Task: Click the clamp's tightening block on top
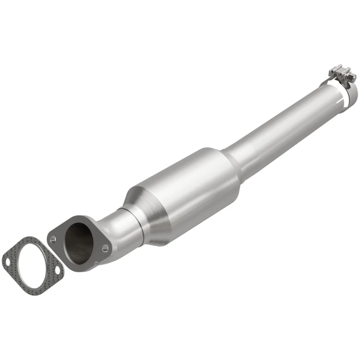coord(340,73)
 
